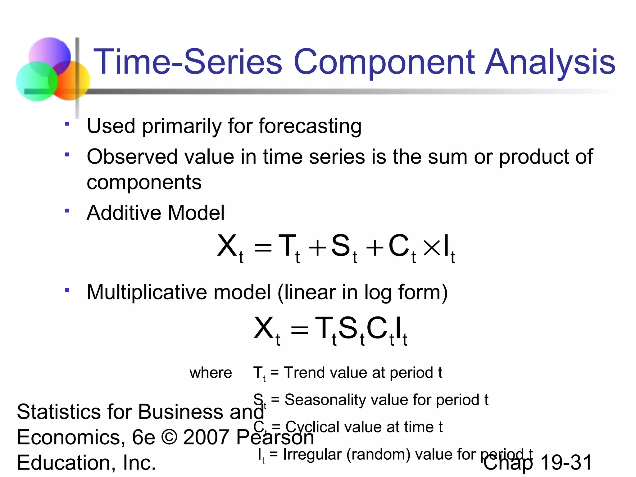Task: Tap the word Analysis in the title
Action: coord(550,62)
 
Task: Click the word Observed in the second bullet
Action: coord(132,157)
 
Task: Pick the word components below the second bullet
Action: coord(144,182)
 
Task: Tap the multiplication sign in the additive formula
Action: coord(432,248)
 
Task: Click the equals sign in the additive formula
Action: coord(263,248)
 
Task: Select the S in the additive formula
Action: coord(340,246)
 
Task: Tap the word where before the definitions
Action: coord(211,373)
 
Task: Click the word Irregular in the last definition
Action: coord(312,454)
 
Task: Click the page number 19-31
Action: coord(566,463)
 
